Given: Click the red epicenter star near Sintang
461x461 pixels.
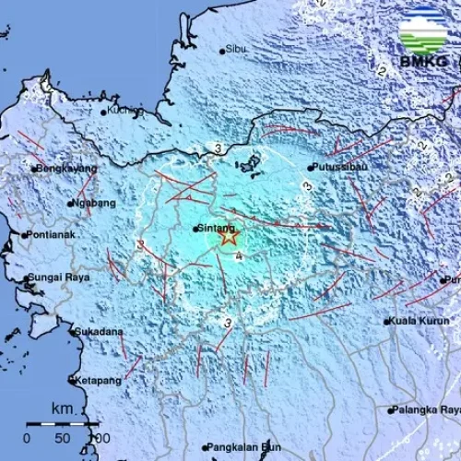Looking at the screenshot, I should click(228, 237).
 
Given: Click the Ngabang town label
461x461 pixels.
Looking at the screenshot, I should click(96, 203).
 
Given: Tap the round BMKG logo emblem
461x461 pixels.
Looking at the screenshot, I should click(423, 29).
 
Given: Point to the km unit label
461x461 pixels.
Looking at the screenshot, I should click(62, 408).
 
